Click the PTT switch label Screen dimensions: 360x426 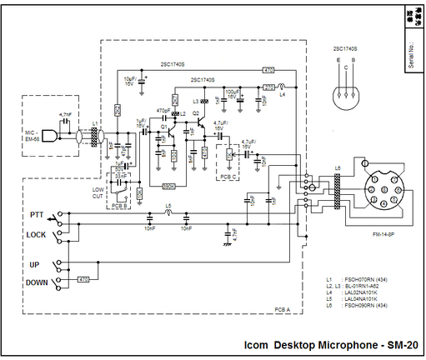(37, 215)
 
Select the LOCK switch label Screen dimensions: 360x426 (36, 235)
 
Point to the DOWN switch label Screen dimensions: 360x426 (36, 282)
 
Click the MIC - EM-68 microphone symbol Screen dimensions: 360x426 (52, 135)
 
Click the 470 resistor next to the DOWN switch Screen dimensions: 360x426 (83, 280)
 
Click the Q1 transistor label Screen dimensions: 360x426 (164, 126)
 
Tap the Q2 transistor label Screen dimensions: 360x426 (195, 112)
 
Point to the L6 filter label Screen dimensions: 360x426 (338, 169)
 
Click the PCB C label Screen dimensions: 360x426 (229, 176)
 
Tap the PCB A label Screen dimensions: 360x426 (282, 309)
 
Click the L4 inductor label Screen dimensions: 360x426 (283, 95)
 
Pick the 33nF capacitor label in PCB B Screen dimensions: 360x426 (122, 176)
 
